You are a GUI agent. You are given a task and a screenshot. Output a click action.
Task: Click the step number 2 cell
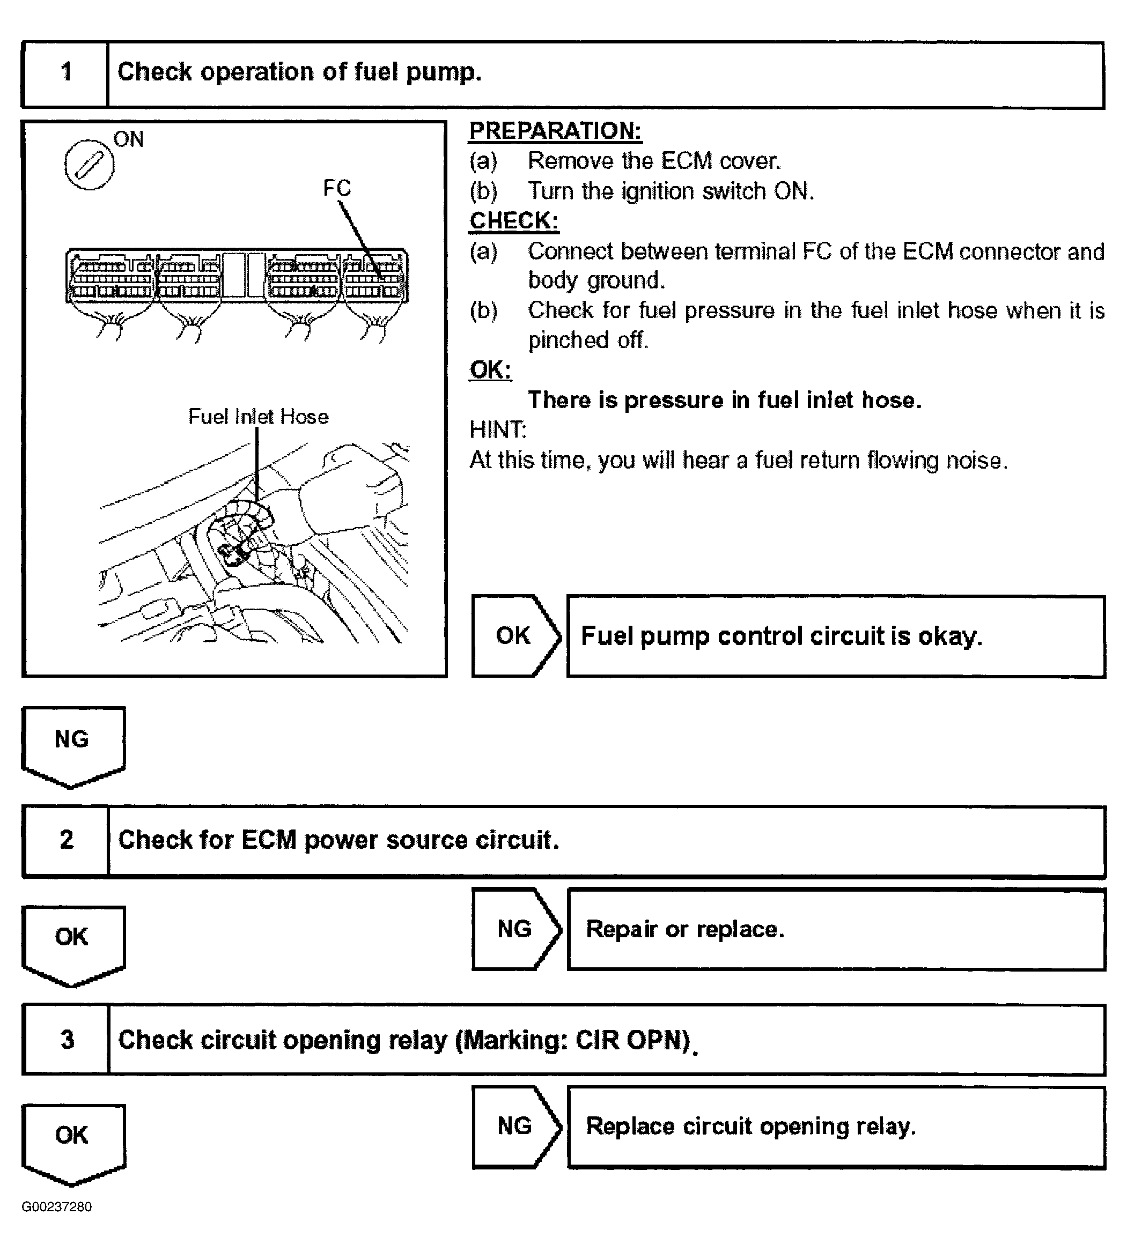pyautogui.click(x=65, y=840)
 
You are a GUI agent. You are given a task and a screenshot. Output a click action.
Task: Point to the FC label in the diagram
pyautogui.click(x=337, y=188)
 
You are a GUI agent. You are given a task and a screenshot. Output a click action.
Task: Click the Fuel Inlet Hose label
pyautogui.click(x=258, y=417)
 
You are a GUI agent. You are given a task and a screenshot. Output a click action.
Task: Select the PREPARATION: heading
pyautogui.click(x=555, y=131)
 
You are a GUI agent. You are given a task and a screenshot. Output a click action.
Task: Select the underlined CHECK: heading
pyautogui.click(x=513, y=221)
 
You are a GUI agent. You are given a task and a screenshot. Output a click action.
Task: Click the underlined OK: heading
pyautogui.click(x=490, y=370)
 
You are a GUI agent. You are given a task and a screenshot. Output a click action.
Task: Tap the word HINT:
pyautogui.click(x=498, y=429)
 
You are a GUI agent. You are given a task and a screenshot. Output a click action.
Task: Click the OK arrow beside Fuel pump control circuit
pyautogui.click(x=514, y=635)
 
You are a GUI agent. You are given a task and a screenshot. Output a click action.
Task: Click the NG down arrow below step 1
pyautogui.click(x=72, y=742)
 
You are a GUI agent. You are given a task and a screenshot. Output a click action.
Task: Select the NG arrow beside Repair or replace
pyautogui.click(x=514, y=928)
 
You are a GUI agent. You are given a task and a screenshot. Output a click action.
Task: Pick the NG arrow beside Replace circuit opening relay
pyautogui.click(x=514, y=1126)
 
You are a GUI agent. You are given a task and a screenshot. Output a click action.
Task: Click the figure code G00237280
pyautogui.click(x=56, y=1207)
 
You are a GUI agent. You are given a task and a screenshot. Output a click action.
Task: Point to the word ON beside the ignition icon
pyautogui.click(x=128, y=139)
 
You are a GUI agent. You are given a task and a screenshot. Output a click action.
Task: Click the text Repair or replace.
pyautogui.click(x=685, y=929)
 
